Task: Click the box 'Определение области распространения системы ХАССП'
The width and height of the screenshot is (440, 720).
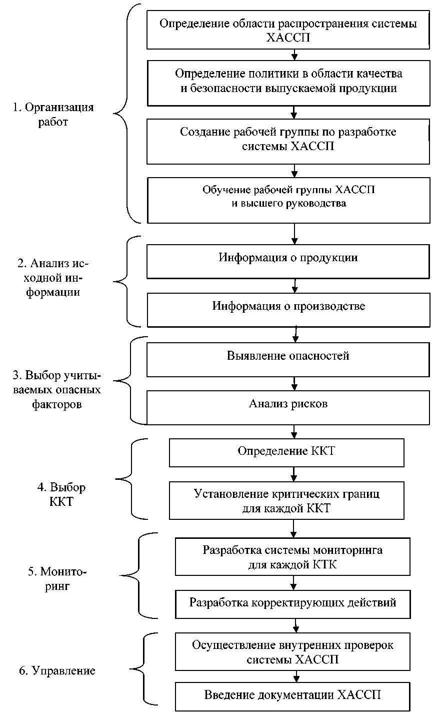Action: pyautogui.click(x=288, y=30)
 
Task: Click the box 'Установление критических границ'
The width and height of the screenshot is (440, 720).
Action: pyautogui.click(x=286, y=500)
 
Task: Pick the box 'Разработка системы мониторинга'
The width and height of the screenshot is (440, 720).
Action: pyautogui.click(x=292, y=556)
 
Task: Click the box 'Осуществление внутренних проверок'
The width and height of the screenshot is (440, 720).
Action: pyautogui.click(x=292, y=651)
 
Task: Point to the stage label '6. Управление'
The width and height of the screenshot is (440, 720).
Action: pyautogui.click(x=57, y=671)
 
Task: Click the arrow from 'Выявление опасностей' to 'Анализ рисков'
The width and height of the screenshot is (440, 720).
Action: pyautogui.click(x=294, y=384)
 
